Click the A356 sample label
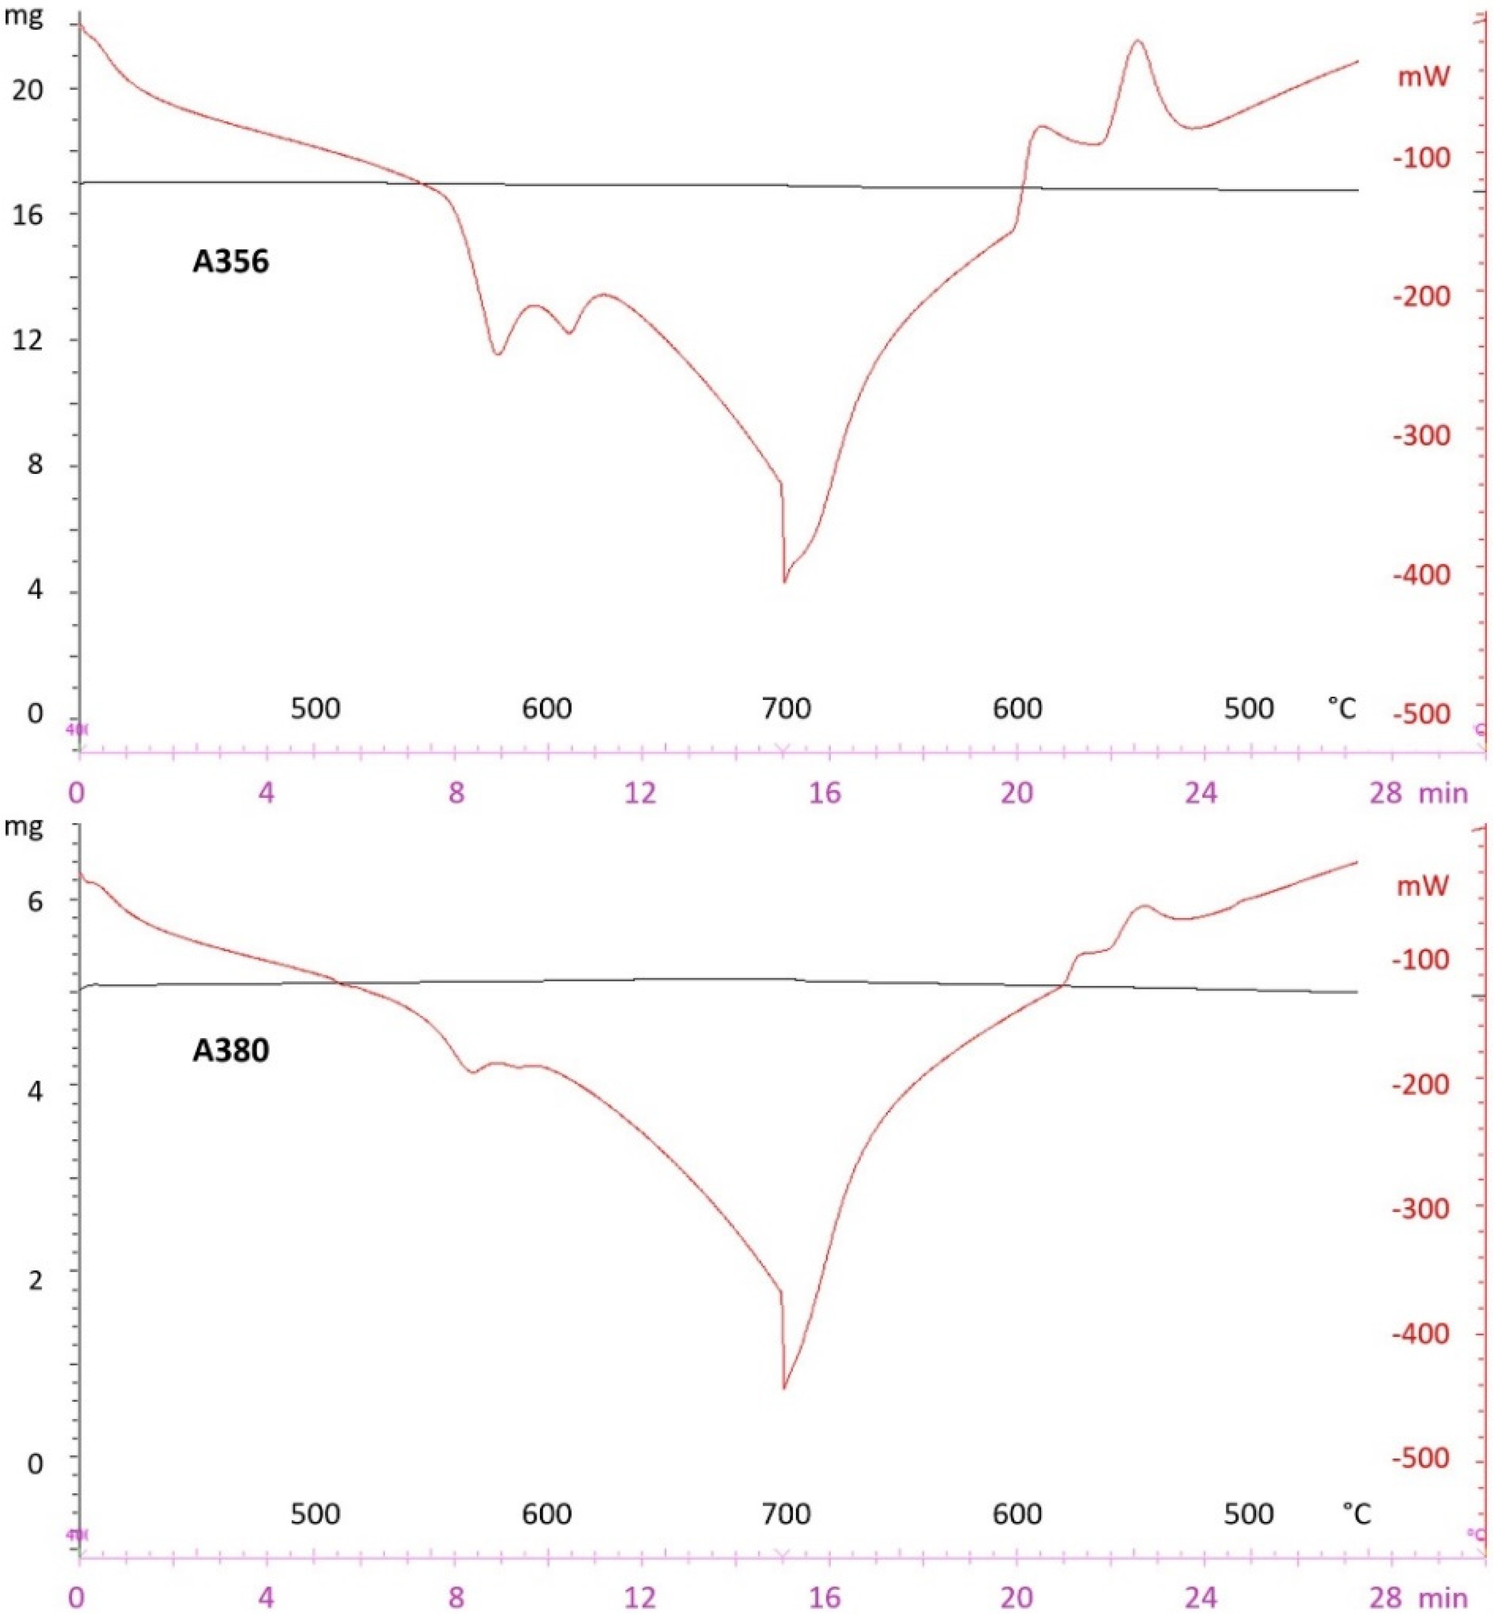click(230, 261)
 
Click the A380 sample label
click(230, 1050)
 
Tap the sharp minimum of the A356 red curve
click(784, 582)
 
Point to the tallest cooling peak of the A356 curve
click(1139, 41)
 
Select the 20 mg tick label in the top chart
click(27, 89)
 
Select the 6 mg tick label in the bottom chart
click(35, 901)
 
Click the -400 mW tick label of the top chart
click(1421, 574)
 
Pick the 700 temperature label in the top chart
click(786, 709)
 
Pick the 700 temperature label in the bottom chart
click(786, 1513)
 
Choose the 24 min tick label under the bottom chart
click(1201, 1597)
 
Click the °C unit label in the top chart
click(1341, 709)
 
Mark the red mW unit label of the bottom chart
click(1423, 885)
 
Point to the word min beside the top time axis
click(1443, 793)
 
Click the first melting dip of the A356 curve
click(498, 354)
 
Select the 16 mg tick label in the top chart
click(27, 214)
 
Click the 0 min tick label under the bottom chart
click(76, 1597)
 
